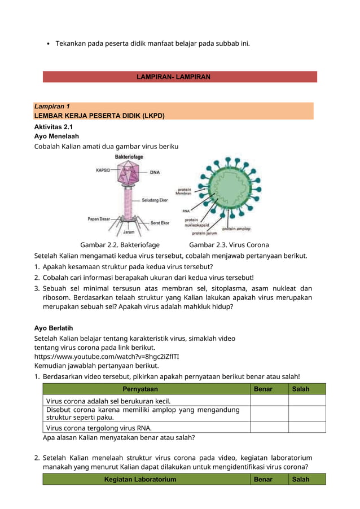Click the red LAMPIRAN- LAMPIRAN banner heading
[x=174, y=77]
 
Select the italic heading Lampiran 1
[x=52, y=106]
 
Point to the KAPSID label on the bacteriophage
[x=103, y=169]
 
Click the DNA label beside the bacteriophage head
[x=155, y=172]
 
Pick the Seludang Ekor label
[x=154, y=200]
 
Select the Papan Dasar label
[x=99, y=218]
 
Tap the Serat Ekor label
[x=160, y=223]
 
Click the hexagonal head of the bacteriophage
[x=129, y=172]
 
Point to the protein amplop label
[x=236, y=229]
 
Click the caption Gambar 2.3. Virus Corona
[x=229, y=245]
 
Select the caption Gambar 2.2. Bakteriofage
[x=120, y=245]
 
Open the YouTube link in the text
[x=107, y=357]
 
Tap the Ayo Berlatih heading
[x=54, y=328]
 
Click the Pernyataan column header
[x=140, y=389]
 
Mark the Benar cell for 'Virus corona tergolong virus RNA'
[x=269, y=427]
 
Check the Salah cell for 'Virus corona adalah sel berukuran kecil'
[x=306, y=401]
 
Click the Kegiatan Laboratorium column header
[x=140, y=479]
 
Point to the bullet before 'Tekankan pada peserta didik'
[x=49, y=43]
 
